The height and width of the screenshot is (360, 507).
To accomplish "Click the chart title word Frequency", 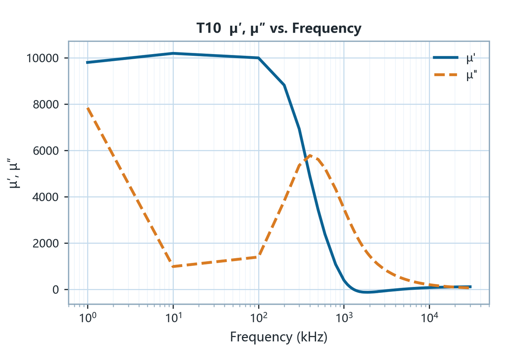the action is point(327,29).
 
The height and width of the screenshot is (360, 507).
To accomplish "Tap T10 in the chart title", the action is point(208,28).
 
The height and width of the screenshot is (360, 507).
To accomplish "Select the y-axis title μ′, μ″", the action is point(14,173).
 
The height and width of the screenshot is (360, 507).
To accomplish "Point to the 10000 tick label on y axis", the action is point(43,58).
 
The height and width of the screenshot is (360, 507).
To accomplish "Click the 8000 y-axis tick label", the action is point(46,105).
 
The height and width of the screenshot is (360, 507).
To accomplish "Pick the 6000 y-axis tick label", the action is point(46,151).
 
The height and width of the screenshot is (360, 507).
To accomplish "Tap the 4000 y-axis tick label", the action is point(46,197).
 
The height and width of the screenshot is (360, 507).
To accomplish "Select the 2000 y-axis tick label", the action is point(46,243).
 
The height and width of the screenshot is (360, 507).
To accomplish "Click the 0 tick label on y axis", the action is point(56,289).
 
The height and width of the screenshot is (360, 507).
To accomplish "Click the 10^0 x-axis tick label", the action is point(88,317).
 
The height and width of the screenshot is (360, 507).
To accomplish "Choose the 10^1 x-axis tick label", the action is point(173,317).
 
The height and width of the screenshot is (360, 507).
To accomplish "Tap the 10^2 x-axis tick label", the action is point(259,317).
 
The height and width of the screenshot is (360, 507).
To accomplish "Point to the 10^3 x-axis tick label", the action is point(344,317).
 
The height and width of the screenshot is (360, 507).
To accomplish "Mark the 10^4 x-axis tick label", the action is point(430,317).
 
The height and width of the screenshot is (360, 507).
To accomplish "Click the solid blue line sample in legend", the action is point(446,57).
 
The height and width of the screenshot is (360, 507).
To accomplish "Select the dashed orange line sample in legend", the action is point(446,75).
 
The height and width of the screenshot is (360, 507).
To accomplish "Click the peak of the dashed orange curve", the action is point(310,155).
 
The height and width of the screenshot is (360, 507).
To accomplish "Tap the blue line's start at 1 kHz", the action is point(87,62).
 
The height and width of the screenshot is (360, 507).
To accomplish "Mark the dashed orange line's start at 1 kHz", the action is point(87,108).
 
